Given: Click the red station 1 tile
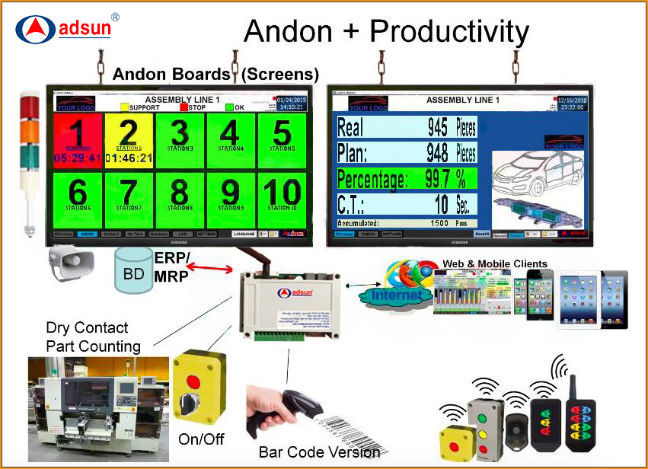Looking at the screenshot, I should pyautogui.click(x=78, y=141).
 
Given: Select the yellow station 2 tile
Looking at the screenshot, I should pyautogui.click(x=129, y=141).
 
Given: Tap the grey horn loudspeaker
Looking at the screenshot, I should pyautogui.click(x=70, y=263).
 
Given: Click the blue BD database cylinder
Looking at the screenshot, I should pyautogui.click(x=133, y=271).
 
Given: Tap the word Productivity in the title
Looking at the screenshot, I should pyautogui.click(x=449, y=31).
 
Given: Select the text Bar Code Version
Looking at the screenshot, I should pyautogui.click(x=319, y=452).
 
